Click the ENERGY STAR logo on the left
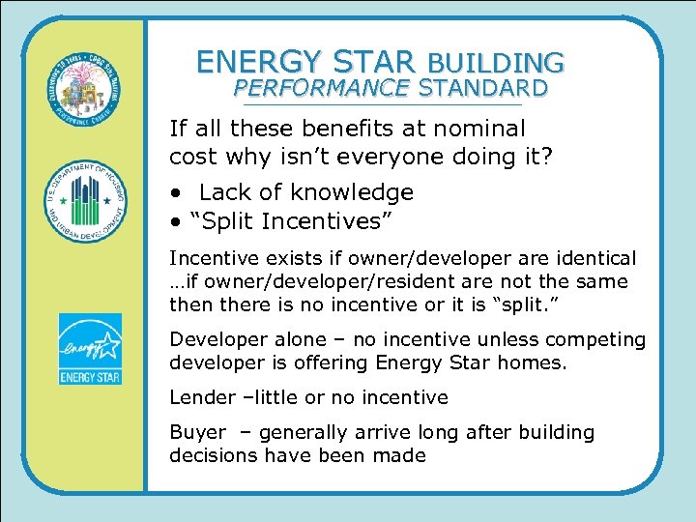[90, 349]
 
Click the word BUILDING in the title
[495, 63]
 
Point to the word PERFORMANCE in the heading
[322, 89]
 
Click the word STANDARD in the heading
[483, 89]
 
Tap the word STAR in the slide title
[369, 62]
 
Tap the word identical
[595, 259]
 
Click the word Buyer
[197, 432]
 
